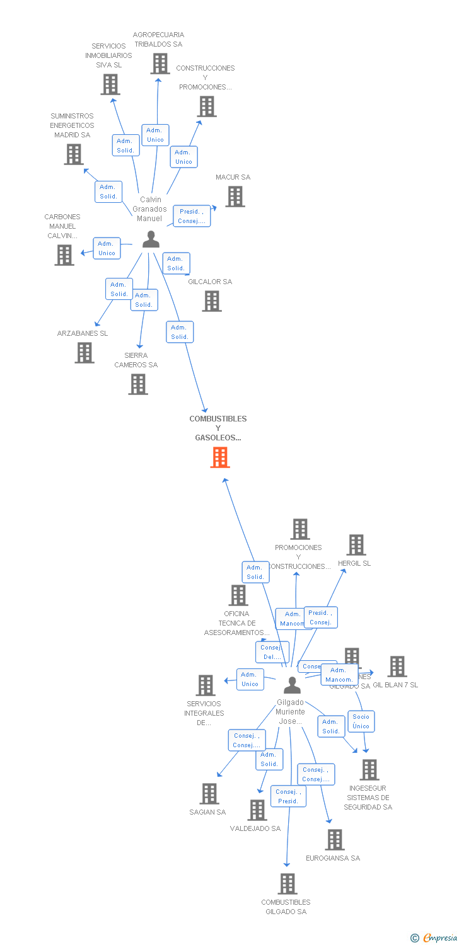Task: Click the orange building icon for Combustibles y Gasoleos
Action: (219, 457)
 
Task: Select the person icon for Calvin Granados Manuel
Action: (151, 239)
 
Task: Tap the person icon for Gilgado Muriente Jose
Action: (292, 685)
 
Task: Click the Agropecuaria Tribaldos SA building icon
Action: (160, 64)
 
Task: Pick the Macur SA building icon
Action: (235, 197)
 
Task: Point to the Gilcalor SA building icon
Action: (212, 301)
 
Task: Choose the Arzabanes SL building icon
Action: (84, 353)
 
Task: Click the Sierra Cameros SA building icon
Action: (138, 384)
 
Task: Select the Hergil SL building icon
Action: (356, 545)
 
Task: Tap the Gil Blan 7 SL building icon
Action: (397, 667)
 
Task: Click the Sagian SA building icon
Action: (209, 794)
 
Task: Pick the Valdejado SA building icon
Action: (257, 810)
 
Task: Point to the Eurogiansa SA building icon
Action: (335, 840)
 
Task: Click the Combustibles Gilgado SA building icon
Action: (288, 884)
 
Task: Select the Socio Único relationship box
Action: (361, 721)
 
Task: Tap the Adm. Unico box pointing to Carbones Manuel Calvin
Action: (107, 248)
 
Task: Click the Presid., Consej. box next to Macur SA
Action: (192, 216)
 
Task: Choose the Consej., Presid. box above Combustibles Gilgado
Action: (288, 796)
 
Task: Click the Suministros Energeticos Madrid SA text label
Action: (73, 125)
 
